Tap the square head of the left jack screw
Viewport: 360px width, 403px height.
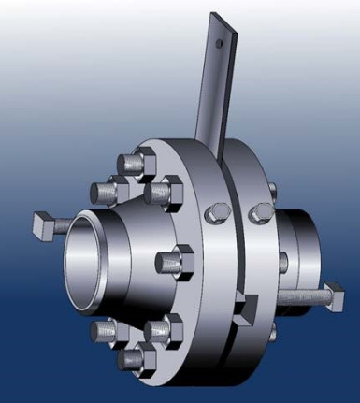[x=41, y=224]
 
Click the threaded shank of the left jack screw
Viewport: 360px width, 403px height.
[x=64, y=225]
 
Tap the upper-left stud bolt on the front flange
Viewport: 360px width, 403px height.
[x=105, y=191]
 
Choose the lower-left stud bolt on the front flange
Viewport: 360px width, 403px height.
[x=105, y=330]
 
